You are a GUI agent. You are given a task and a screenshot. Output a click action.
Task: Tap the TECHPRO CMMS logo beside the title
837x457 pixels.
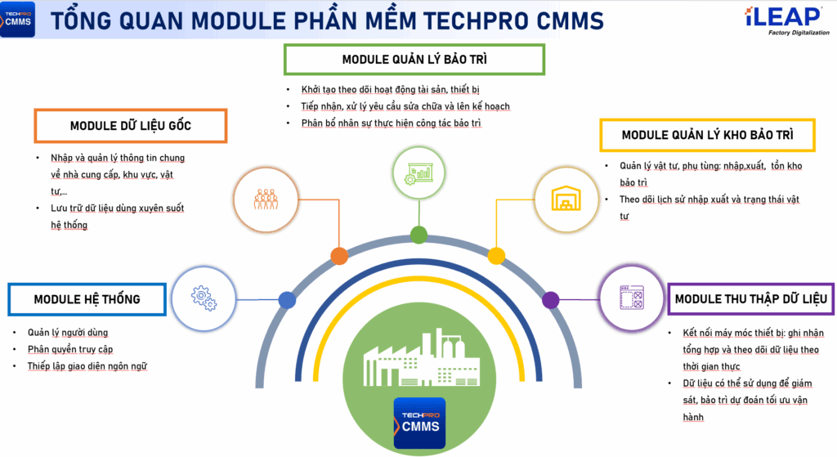[x=18, y=20]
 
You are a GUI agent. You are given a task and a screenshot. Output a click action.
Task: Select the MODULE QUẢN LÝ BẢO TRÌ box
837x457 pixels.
[x=414, y=59]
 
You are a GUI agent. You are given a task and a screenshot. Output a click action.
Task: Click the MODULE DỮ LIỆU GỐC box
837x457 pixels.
[x=131, y=126]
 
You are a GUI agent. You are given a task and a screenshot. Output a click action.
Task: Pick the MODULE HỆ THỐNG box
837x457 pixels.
[x=87, y=299]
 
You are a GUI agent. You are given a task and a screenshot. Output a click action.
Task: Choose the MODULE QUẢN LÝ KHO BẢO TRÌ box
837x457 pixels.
[x=707, y=135]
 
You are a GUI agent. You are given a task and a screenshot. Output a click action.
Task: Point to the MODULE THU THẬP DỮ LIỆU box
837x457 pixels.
[x=751, y=299]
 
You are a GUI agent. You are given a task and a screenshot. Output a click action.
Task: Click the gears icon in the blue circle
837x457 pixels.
[x=204, y=298]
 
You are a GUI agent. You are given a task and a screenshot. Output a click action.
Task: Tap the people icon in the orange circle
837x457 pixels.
[x=266, y=199]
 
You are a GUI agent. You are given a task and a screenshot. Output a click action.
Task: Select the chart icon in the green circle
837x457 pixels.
[x=419, y=173]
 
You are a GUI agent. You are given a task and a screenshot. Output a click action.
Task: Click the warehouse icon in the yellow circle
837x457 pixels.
[x=566, y=199]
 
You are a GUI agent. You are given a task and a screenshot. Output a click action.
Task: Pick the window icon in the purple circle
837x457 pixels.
[x=632, y=298]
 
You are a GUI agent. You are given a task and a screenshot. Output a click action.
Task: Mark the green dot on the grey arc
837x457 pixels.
[x=418, y=235]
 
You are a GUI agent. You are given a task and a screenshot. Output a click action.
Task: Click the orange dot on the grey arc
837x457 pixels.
[x=339, y=256]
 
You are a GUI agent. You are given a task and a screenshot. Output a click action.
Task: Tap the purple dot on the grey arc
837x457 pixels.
[x=550, y=300]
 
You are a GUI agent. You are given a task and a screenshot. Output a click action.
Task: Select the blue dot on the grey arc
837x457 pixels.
[x=287, y=300]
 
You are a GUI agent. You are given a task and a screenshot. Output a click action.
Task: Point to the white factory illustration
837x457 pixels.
[x=421, y=358]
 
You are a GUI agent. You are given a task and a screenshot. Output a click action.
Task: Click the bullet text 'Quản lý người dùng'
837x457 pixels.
[x=68, y=333]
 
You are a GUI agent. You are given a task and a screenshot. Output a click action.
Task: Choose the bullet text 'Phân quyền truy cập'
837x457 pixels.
[x=70, y=349]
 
